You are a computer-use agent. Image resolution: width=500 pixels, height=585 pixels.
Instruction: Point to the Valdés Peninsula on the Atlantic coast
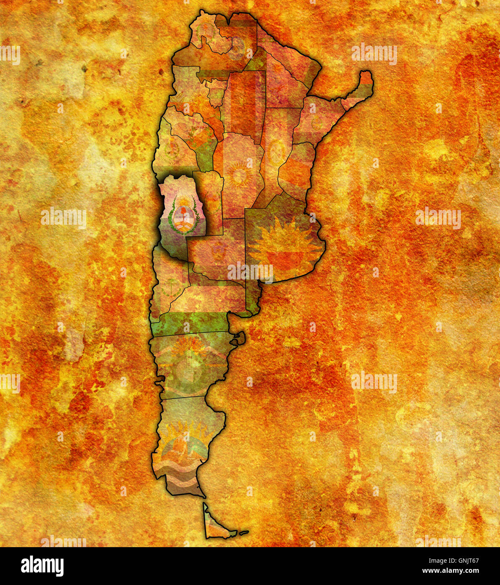click(x=238, y=338)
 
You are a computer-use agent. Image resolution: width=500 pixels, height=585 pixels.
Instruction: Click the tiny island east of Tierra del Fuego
click(x=244, y=532)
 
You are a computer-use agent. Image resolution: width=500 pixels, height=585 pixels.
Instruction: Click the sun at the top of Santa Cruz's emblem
click(x=184, y=430)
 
